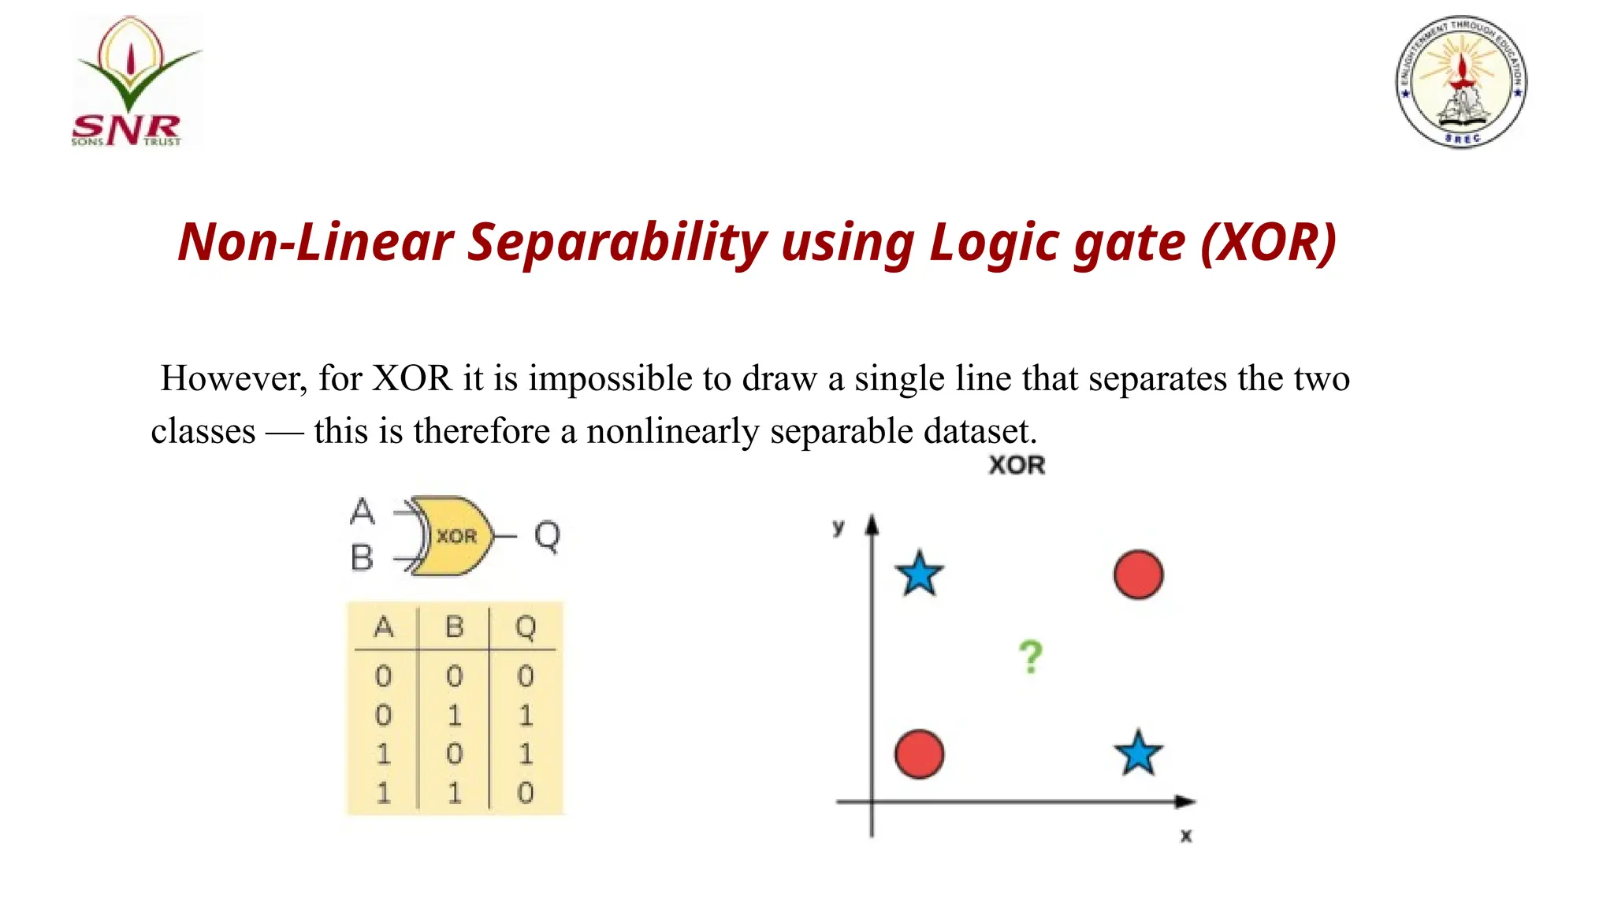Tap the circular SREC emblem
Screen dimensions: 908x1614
tap(1461, 81)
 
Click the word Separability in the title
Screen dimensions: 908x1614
tap(617, 242)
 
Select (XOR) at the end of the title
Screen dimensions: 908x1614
tap(1269, 242)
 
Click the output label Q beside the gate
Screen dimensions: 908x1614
tap(547, 536)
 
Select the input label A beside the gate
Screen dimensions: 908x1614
tap(362, 512)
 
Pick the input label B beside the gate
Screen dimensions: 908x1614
tap(362, 558)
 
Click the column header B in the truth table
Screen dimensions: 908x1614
tap(454, 627)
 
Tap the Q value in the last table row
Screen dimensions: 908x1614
tap(526, 792)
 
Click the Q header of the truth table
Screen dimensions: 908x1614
tap(526, 628)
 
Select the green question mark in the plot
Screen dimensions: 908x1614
tap(1030, 657)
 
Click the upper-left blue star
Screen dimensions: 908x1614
tap(920, 574)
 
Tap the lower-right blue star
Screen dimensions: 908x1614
tap(1138, 754)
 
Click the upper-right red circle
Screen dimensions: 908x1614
tap(1138, 575)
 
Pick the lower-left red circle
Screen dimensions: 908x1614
tap(920, 754)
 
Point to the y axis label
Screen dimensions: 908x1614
tap(839, 527)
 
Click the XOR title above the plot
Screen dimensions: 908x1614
tap(1017, 465)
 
